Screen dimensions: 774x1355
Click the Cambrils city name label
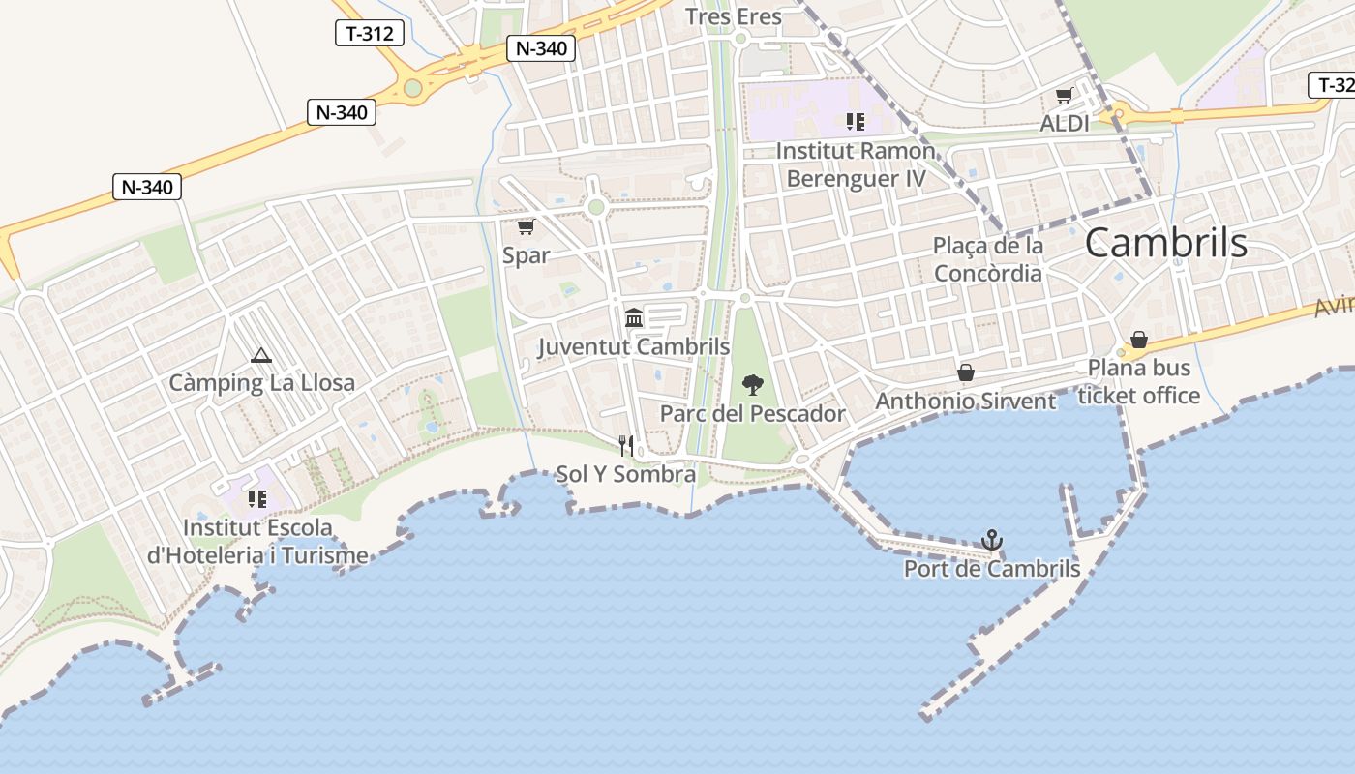tap(1165, 243)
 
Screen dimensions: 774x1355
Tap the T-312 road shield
tap(369, 34)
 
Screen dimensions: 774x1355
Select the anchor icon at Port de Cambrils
tap(991, 540)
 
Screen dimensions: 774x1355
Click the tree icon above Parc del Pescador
tap(752, 385)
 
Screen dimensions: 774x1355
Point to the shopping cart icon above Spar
tap(526, 227)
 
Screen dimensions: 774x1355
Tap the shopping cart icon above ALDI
tap(1065, 96)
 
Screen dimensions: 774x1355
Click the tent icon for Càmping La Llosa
tap(260, 356)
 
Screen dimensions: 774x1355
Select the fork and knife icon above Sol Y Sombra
tap(626, 445)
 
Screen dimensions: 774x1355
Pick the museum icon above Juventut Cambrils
tap(634, 317)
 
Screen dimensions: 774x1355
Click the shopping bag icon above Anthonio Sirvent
tap(965, 372)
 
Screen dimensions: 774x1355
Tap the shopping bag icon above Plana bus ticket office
tap(1139, 340)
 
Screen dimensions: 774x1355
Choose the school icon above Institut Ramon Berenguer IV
tap(855, 122)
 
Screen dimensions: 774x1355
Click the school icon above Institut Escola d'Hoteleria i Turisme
tap(257, 499)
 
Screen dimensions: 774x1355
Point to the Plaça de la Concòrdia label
tap(988, 259)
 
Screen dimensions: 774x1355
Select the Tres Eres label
tap(733, 16)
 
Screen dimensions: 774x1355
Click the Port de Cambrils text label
tap(992, 569)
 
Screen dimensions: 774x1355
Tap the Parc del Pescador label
tap(752, 414)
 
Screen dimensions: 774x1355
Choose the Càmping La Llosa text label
tap(262, 383)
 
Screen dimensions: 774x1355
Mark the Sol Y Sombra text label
tap(625, 475)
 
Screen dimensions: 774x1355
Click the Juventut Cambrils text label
tap(634, 347)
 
